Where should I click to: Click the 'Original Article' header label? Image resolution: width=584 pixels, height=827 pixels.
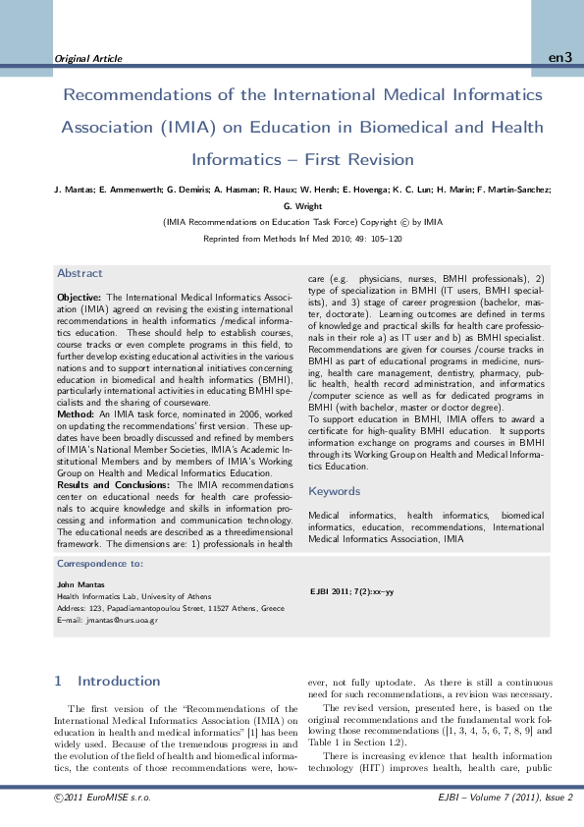click(88, 59)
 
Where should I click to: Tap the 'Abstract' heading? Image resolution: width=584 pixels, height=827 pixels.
click(80, 273)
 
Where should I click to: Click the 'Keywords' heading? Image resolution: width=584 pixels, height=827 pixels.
click(334, 491)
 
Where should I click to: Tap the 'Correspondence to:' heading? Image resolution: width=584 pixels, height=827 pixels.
click(100, 564)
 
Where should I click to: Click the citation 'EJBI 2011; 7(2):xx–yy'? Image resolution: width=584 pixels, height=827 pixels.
click(351, 591)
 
